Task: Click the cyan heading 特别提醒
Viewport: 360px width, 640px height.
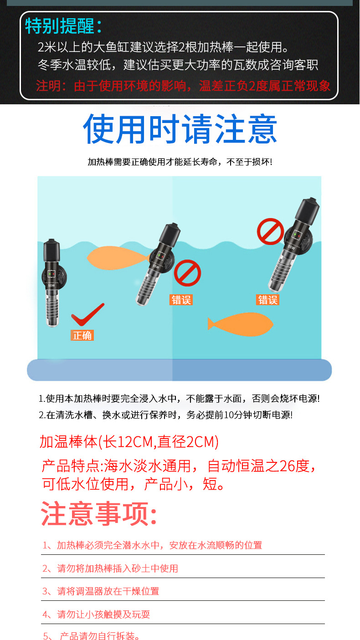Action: tap(63, 26)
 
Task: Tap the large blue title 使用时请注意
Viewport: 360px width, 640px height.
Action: tap(180, 129)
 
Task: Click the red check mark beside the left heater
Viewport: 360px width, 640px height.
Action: tap(87, 314)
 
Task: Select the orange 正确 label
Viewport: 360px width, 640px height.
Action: tap(82, 335)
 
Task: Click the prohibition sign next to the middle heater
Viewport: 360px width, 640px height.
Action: tap(187, 273)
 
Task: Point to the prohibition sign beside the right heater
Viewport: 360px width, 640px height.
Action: tap(270, 231)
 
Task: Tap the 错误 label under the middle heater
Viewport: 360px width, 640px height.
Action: tap(181, 300)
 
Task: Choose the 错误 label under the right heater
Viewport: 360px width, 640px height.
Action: tap(268, 300)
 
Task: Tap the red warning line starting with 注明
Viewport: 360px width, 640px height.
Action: tap(183, 86)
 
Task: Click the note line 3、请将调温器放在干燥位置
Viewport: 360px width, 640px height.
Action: tap(101, 591)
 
